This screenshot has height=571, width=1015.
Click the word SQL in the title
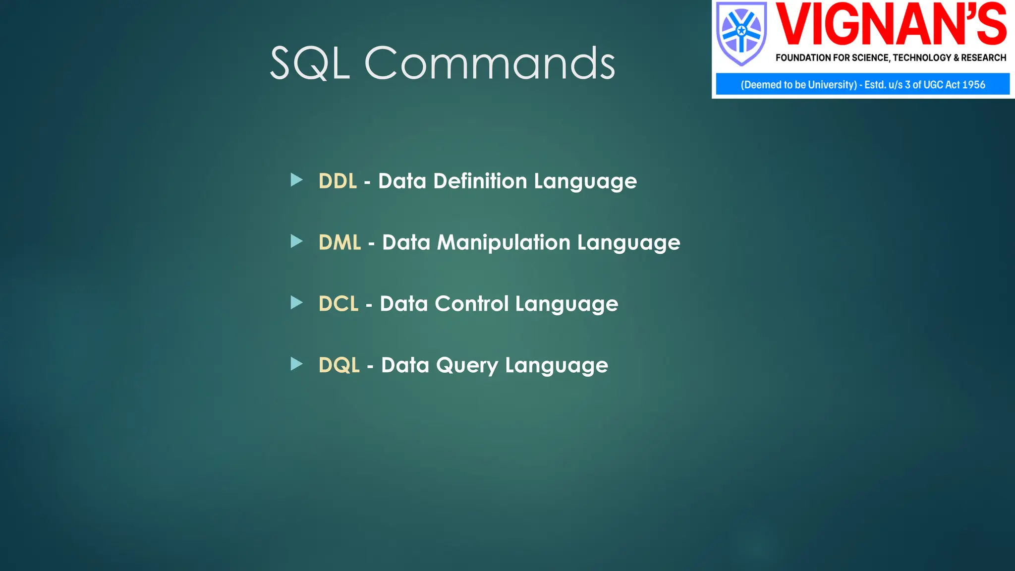(x=310, y=63)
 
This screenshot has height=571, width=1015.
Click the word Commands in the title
(x=490, y=63)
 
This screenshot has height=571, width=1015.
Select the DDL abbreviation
(x=338, y=181)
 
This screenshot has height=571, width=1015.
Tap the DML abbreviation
(x=339, y=243)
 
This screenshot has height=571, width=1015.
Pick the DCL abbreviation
(x=338, y=304)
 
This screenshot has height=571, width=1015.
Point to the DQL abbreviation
(x=339, y=365)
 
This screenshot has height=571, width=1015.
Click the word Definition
(x=480, y=181)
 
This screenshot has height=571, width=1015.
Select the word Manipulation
(x=504, y=243)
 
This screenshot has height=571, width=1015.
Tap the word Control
(x=471, y=304)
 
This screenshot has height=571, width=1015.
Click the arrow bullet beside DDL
(x=296, y=180)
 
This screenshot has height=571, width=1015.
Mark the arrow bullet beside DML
(x=296, y=241)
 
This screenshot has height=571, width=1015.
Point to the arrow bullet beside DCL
(x=296, y=302)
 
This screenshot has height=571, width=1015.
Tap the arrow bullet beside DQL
(x=296, y=364)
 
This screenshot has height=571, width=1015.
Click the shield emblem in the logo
(x=741, y=33)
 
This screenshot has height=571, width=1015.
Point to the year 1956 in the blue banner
(x=973, y=85)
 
